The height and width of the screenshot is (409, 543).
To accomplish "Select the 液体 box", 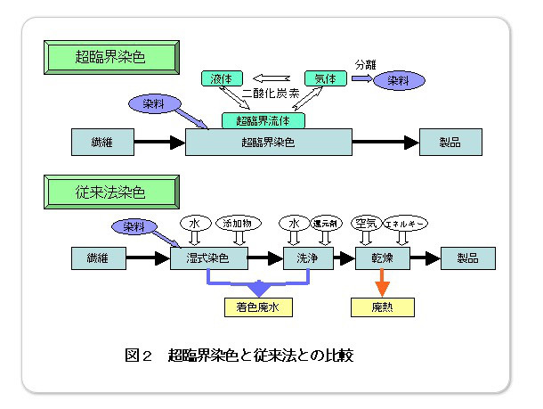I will [x=217, y=78].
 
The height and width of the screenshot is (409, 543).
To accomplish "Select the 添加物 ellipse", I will [x=236, y=222].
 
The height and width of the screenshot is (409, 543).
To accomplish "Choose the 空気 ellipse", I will [x=364, y=222].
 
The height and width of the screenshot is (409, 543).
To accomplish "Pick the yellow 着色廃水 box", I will [x=259, y=307].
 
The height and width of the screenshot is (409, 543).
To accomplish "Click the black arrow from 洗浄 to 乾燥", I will [x=337, y=258].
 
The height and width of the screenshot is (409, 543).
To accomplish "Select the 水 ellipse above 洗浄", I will [x=292, y=222].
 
